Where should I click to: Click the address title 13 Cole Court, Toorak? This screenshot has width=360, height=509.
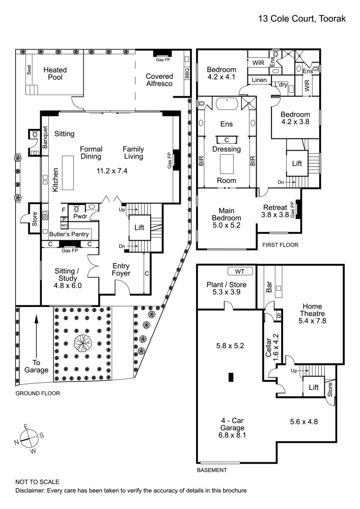tap(302, 19)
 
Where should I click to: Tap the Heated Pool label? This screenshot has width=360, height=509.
tap(55, 74)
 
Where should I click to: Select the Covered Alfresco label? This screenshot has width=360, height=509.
tap(159, 80)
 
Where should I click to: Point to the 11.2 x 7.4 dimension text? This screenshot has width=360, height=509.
tap(112, 171)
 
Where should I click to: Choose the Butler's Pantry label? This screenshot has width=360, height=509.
tap(69, 235)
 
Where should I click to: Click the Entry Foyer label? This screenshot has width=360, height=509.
tap(121, 269)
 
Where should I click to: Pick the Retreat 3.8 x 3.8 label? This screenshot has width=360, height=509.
tap(276, 211)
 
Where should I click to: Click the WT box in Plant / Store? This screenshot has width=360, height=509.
tap(237, 271)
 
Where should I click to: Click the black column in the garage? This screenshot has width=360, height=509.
tap(231, 377)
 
